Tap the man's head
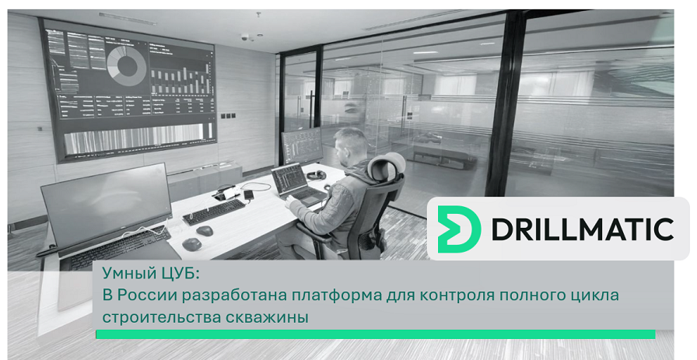[350, 145]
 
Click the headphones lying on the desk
[316, 175]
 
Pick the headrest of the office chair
[387, 166]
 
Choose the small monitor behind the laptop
[303, 145]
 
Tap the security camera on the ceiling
[244, 37]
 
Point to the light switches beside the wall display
[226, 116]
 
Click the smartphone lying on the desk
[249, 194]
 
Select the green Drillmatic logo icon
[459, 229]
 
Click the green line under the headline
[376, 334]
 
